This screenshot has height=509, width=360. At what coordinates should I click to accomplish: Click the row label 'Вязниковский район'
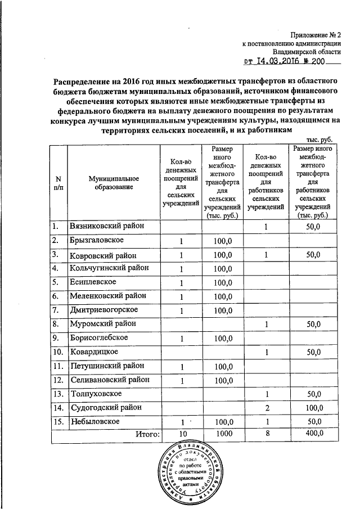(x=106, y=226)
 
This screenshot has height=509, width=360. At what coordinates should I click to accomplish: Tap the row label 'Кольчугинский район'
(x=109, y=268)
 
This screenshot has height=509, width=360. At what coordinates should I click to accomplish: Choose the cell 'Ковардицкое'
(x=93, y=352)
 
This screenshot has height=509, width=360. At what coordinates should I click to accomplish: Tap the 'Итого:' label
(x=147, y=433)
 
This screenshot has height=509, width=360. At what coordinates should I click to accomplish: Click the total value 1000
(x=223, y=433)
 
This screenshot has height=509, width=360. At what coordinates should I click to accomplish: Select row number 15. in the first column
(x=56, y=421)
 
